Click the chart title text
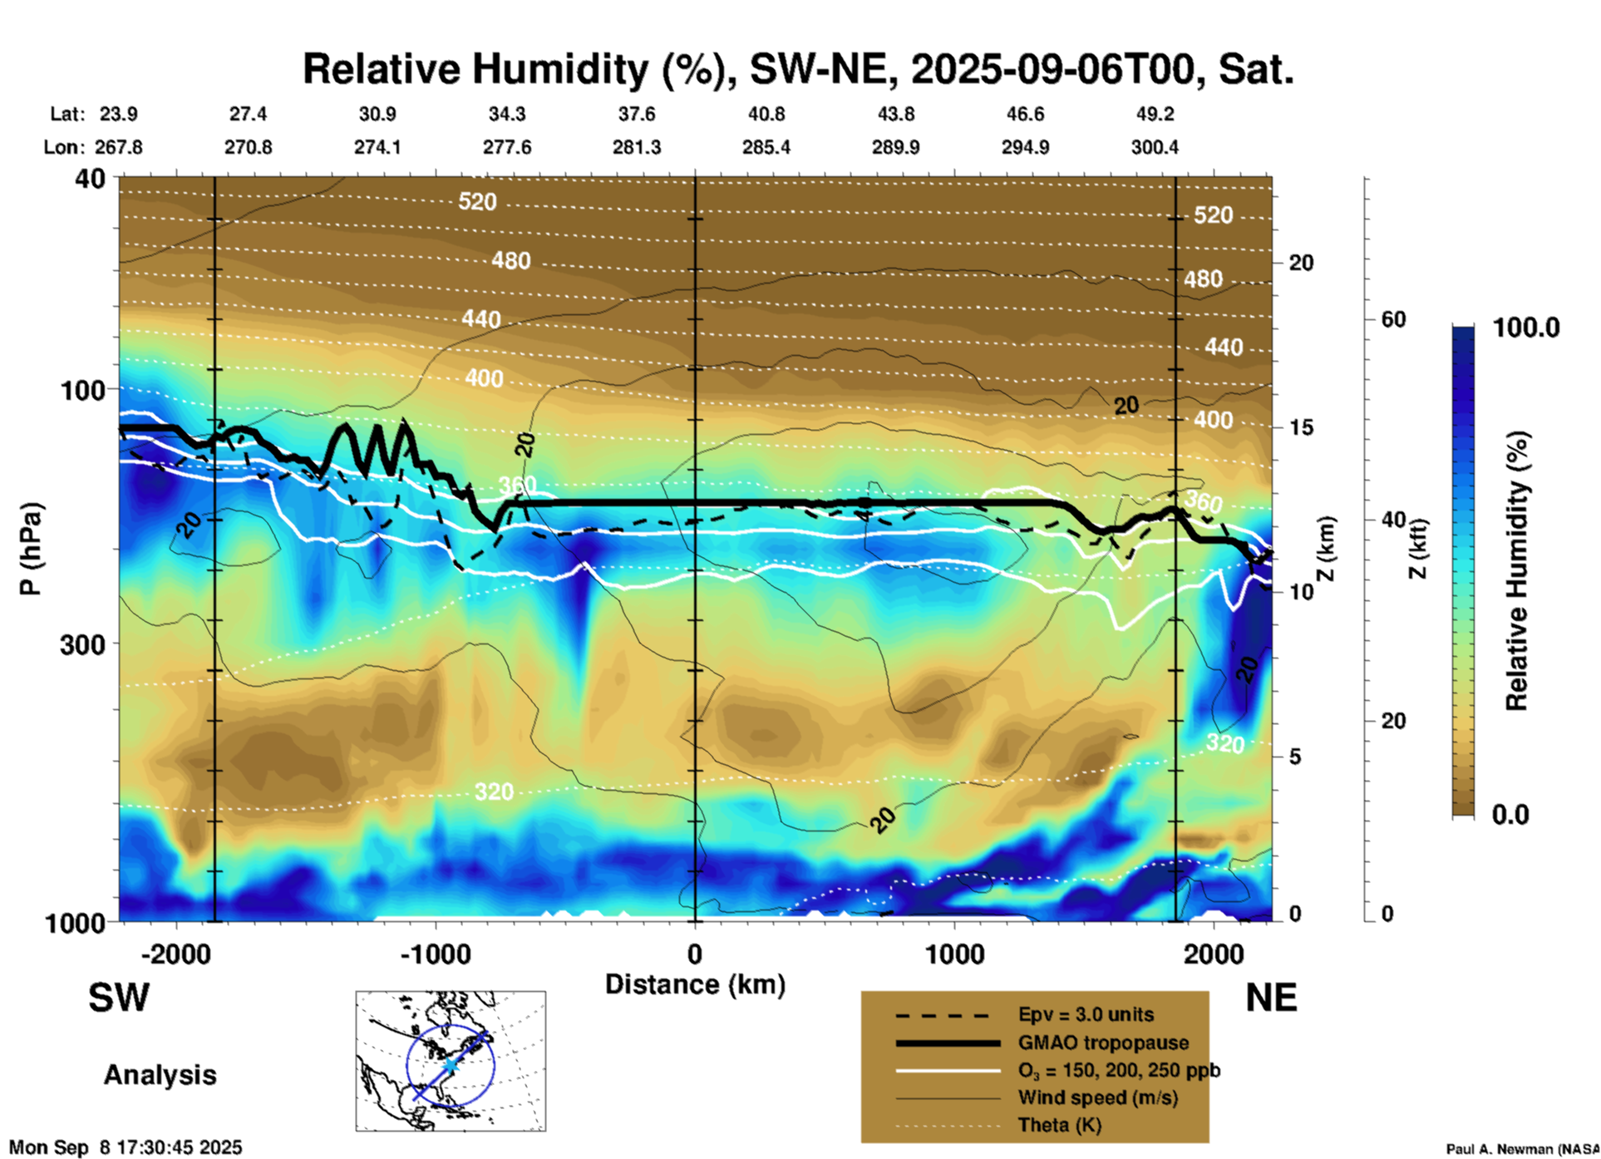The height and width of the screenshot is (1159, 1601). tap(798, 69)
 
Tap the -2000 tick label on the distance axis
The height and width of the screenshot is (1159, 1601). tap(175, 954)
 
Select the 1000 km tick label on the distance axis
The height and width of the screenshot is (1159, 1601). tap(954, 954)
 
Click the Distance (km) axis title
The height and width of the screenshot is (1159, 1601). tap(695, 984)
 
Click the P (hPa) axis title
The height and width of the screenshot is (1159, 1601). tap(31, 549)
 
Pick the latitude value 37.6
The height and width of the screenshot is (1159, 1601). tap(636, 114)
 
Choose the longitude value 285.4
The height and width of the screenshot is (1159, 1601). tap(766, 147)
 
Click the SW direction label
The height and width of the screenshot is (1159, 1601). tap(119, 998)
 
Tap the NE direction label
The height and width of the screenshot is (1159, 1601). tap(1271, 998)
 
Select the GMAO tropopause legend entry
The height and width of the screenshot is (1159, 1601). tap(1103, 1043)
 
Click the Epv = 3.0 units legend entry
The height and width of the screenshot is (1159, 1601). tap(1086, 1015)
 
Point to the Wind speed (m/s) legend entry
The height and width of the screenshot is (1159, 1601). tap(1097, 1097)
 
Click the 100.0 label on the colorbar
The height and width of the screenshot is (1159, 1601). tap(1526, 328)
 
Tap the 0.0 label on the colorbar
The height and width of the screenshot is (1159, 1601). tap(1510, 815)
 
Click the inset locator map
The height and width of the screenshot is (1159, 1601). tap(451, 1060)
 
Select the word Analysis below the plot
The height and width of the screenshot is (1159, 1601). tap(160, 1075)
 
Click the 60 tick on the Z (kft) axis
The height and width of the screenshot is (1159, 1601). tap(1393, 319)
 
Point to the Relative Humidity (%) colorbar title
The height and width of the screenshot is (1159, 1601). tap(1517, 570)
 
